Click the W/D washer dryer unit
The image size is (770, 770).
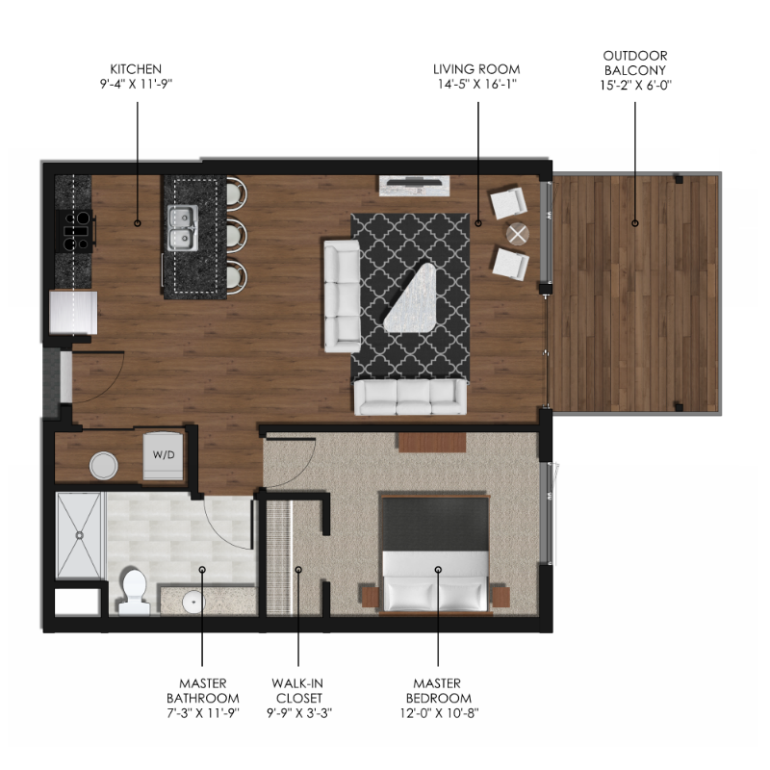coord(164,455)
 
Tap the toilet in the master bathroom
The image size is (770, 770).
coord(134,591)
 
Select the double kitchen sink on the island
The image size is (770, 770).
coord(183,228)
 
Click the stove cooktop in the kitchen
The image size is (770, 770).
coord(75,231)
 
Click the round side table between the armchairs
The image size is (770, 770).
coord(517,234)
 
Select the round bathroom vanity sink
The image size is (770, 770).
coord(193,602)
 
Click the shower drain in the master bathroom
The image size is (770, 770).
coord(79,535)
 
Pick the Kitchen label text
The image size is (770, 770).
coord(136,68)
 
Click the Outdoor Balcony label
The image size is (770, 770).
coord(635,63)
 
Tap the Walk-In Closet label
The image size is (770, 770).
coord(298,690)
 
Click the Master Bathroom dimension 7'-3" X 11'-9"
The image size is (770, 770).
coord(203,712)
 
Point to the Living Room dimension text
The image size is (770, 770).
coord(476,84)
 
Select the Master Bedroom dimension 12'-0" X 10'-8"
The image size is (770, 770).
coord(439,712)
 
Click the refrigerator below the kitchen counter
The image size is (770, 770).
coord(74,313)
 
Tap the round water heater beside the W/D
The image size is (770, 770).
coord(104,466)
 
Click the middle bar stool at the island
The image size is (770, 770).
coord(237,234)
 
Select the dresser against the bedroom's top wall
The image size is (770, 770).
coord(431,442)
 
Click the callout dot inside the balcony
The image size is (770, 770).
coord(635,223)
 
